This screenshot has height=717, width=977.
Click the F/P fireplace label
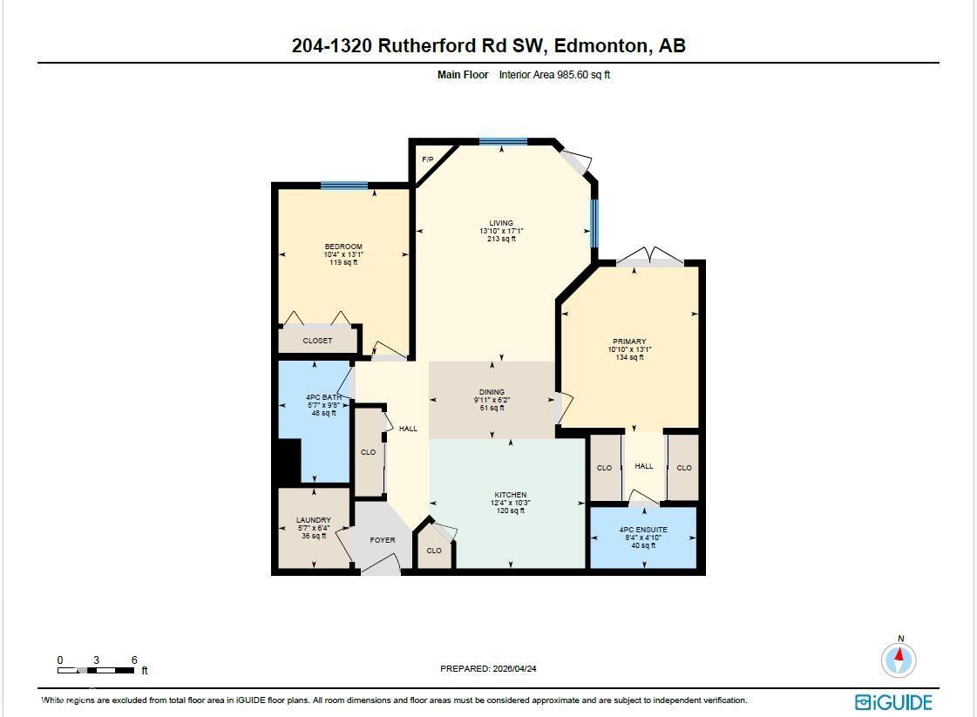coord(427,159)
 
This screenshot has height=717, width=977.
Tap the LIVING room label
coord(501,223)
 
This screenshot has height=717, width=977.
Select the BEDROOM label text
coord(343,247)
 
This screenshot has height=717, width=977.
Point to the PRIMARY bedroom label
coord(629,342)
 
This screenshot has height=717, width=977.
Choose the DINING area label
coord(492,392)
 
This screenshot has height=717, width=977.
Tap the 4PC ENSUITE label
coord(643,530)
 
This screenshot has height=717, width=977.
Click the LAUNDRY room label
coord(313,520)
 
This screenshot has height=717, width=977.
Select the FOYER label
coord(383,540)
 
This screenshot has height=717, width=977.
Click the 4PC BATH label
coord(322,397)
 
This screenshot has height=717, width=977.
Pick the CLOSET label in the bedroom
coord(317,341)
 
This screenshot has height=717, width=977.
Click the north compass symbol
coord(899,659)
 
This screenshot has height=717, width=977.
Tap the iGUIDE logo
coord(893,702)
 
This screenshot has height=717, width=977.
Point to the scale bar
coord(97,670)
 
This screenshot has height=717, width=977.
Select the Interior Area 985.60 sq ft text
coord(554,75)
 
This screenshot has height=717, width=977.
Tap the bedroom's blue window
coord(343,185)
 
